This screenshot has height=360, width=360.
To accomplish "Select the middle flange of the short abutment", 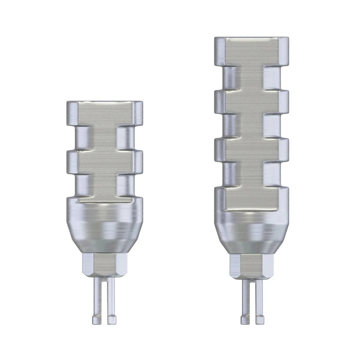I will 104,161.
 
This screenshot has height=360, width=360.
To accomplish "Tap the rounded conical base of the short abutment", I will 104,224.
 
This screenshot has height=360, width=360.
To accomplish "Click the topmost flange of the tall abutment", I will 251,52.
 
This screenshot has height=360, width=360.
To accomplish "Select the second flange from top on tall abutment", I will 251,101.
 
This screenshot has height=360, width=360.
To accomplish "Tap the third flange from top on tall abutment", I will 251,150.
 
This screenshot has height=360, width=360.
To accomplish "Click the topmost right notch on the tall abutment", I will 275,77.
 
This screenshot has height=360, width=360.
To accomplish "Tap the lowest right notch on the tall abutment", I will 275,175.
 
